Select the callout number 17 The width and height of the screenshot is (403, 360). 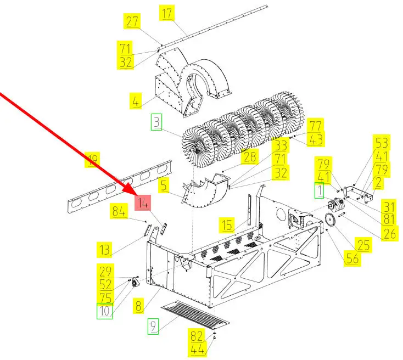(167, 13)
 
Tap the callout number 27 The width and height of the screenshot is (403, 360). (132, 22)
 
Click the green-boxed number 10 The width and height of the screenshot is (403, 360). (105, 312)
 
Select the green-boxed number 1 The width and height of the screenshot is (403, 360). (320, 191)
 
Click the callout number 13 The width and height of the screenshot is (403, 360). (105, 249)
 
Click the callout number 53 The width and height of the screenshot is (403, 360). (381, 143)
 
